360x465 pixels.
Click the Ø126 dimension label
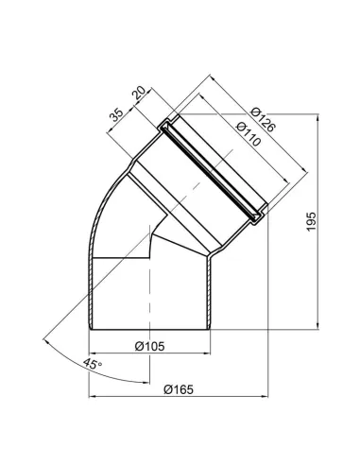point(264,120)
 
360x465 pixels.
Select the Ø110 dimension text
point(249,134)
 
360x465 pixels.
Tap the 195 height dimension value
point(311,221)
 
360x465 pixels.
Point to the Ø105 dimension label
point(149,346)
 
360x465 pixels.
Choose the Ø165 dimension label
point(179,389)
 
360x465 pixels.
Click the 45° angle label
point(93,365)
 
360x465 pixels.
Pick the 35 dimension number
point(115,115)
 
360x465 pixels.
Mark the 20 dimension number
point(139,93)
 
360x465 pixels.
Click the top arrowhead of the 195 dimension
point(317,117)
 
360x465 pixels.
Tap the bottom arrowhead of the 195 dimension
point(317,326)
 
